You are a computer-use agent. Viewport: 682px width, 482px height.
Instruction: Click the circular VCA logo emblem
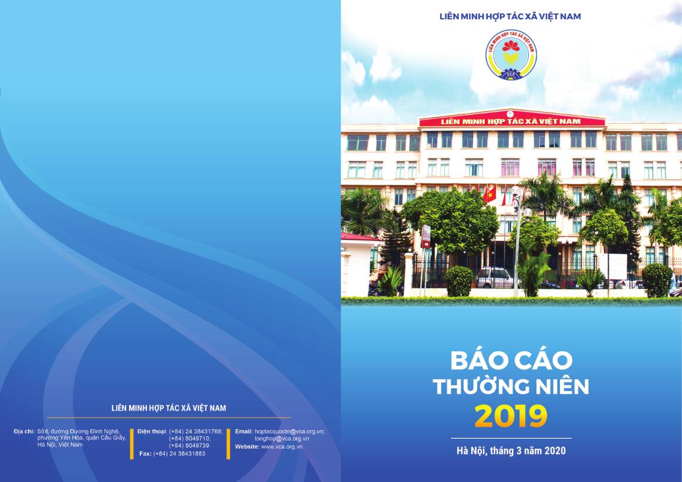(511, 55)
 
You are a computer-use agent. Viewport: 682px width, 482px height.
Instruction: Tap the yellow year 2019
(511, 416)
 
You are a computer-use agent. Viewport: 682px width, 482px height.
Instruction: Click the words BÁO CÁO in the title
(511, 359)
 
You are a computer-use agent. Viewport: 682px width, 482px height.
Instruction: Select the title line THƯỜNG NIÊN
(511, 386)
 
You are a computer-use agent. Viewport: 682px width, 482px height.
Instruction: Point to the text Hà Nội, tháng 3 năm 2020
(511, 451)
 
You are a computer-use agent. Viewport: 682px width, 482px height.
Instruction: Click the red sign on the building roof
(512, 121)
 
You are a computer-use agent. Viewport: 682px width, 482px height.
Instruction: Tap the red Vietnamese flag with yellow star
(489, 194)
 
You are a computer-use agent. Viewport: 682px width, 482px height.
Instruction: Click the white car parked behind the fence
(494, 277)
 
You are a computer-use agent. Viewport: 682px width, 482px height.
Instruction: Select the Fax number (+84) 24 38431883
(179, 453)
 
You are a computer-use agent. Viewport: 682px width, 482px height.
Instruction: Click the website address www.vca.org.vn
(282, 446)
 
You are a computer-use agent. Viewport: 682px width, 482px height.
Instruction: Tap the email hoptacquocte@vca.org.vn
(289, 431)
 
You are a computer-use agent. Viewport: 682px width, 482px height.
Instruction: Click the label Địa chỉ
(24, 431)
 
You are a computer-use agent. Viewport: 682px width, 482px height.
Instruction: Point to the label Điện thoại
(152, 431)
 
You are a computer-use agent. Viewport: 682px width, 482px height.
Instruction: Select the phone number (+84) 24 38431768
(195, 431)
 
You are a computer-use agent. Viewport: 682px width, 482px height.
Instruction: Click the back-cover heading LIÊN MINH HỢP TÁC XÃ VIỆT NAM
(169, 408)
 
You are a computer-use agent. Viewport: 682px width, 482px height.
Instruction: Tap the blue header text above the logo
(510, 16)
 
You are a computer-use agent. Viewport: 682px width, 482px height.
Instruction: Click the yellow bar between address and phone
(132, 444)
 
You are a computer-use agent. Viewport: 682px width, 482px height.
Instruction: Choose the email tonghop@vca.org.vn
(282, 439)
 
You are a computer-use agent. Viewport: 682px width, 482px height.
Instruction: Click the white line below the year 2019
(511, 438)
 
